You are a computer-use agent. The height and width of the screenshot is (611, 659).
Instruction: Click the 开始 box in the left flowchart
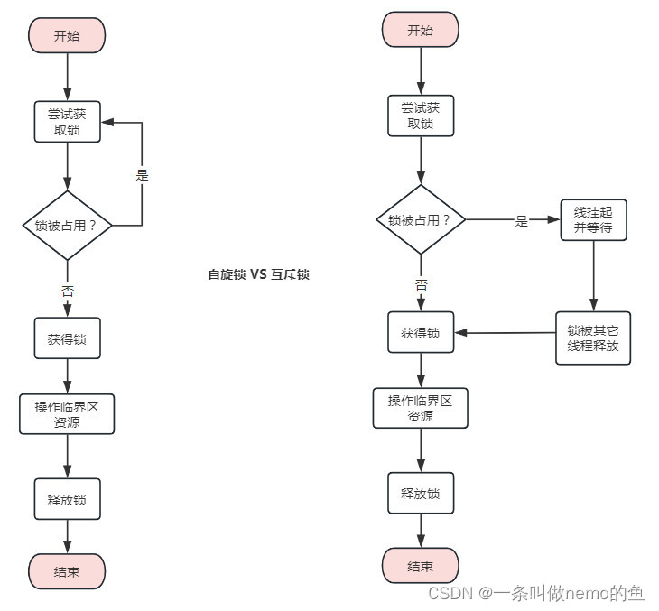click(x=68, y=36)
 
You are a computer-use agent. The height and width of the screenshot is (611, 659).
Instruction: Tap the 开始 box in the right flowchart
click(x=421, y=30)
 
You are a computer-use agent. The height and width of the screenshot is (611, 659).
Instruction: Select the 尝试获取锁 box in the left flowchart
click(x=68, y=121)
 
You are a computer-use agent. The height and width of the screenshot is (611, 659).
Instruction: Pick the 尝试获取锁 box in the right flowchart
click(x=421, y=116)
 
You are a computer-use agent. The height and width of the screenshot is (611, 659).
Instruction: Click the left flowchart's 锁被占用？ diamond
click(x=68, y=225)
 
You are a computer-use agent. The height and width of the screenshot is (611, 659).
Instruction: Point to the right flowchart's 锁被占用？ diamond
click(x=421, y=219)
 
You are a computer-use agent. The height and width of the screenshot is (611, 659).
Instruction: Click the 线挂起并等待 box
click(x=593, y=219)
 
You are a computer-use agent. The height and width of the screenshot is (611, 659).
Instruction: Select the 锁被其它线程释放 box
click(x=593, y=338)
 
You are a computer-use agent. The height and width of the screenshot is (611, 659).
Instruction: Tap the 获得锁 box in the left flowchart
click(x=68, y=338)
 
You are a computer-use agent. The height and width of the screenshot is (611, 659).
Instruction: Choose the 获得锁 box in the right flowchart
click(x=421, y=333)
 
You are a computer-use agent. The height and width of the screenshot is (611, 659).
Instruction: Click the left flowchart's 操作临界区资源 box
click(x=68, y=413)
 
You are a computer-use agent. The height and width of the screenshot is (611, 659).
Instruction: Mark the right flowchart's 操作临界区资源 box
click(x=421, y=408)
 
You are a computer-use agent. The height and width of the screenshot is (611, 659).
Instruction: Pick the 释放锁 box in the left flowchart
click(x=68, y=498)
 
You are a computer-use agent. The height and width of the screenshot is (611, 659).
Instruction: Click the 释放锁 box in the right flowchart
click(x=421, y=493)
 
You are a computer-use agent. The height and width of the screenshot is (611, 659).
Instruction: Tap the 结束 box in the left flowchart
click(x=68, y=571)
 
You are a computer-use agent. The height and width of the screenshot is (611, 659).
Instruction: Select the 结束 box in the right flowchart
click(x=421, y=566)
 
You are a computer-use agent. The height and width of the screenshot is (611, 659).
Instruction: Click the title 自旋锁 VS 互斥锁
click(x=258, y=274)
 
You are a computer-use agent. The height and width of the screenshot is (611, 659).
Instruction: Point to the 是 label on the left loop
click(x=142, y=175)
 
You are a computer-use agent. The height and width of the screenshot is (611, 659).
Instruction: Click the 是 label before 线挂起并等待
click(x=521, y=220)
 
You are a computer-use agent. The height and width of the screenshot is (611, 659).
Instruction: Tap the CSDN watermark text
click(x=535, y=593)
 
